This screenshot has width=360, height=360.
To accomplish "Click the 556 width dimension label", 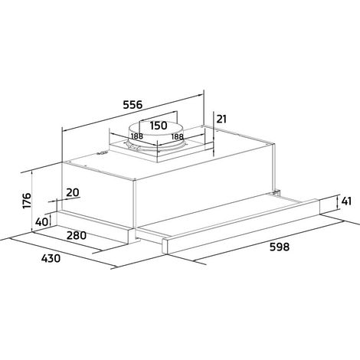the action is tap(133, 104).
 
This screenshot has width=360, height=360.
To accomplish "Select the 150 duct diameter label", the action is tap(159, 126).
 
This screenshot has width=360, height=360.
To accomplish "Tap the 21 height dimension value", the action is tap(221, 119).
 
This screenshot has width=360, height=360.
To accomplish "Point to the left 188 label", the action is tap(137, 136).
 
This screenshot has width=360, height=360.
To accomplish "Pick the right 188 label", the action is tap(177, 137).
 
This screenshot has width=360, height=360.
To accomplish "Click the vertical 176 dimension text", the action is tap(27, 201).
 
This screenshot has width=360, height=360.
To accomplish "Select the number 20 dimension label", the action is tap(73, 192).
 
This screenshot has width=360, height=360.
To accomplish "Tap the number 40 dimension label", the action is tap(41, 222).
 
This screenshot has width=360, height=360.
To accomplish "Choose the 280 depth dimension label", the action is tap(77, 235).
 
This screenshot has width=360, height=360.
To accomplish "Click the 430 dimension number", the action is tap(51, 258).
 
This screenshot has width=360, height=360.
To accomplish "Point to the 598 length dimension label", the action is tap(280, 247).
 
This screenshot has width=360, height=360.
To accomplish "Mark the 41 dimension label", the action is tap(346, 201).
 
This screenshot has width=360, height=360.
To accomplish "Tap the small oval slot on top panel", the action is tap(102, 153).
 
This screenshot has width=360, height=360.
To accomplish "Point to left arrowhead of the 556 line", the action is tap(66, 130).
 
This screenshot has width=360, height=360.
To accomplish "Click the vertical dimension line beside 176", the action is tap(32, 201).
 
